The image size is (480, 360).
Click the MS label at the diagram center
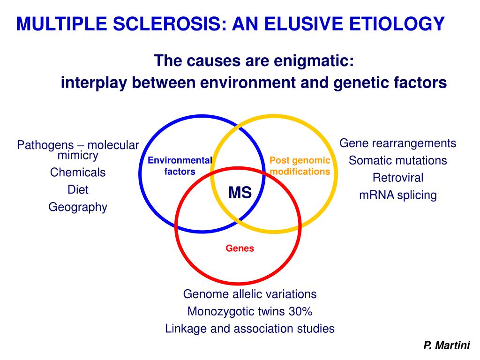[x=240, y=192]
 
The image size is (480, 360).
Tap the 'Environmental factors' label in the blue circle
[x=180, y=166]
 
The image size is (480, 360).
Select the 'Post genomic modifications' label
[x=300, y=166]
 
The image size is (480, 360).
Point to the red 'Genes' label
[x=240, y=248]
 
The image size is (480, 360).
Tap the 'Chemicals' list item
[x=78, y=172]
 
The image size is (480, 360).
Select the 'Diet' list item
[x=78, y=190]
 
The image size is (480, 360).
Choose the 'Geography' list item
[x=78, y=207]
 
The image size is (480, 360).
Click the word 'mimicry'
[x=78, y=155]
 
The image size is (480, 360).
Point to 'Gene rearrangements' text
[x=397, y=143]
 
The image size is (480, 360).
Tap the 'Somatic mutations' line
[x=397, y=160]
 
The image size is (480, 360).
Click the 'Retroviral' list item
[x=397, y=178]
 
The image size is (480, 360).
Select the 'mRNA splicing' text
[x=397, y=195]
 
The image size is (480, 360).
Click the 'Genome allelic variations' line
[x=250, y=294]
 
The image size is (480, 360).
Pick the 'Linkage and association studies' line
[x=250, y=329]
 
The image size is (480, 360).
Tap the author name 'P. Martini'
[x=446, y=346]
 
